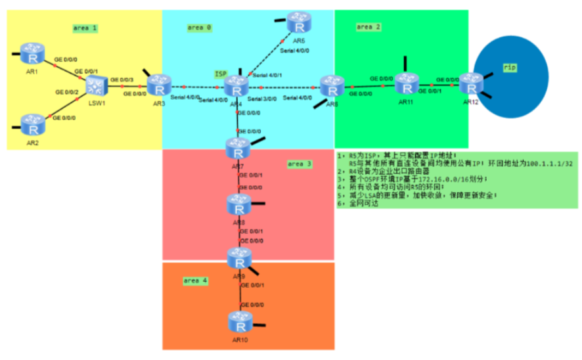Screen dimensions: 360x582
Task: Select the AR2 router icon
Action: point(30,123)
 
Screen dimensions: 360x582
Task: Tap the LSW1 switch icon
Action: point(97,85)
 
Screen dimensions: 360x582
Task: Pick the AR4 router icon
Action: point(235,87)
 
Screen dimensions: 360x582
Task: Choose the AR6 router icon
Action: point(328,86)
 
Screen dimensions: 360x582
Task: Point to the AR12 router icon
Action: point(471,83)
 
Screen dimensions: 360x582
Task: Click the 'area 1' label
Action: point(85,28)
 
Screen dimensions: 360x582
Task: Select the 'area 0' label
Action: point(199,28)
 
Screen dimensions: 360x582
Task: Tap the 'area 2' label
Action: point(369,27)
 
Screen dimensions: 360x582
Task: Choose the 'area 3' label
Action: point(300,163)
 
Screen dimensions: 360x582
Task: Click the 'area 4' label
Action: point(195,281)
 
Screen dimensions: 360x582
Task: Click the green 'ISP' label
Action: point(221,74)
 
